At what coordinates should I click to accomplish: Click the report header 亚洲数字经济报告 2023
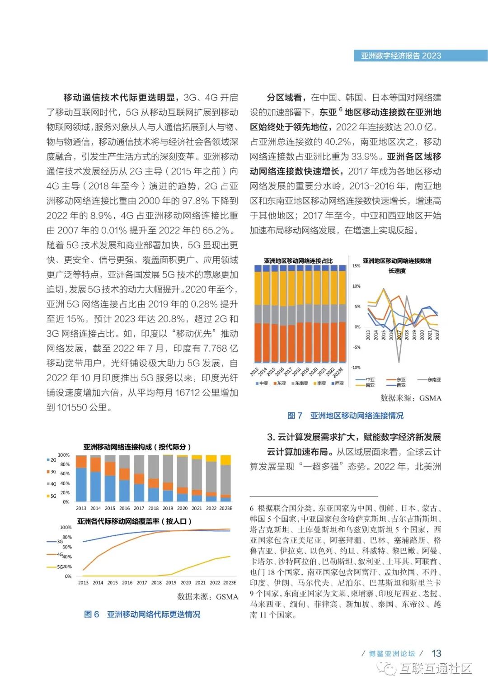click(x=400, y=56)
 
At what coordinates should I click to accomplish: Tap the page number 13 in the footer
click(x=436, y=653)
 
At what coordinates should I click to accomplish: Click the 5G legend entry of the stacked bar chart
click(x=52, y=496)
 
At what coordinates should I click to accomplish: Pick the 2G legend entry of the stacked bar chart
click(x=52, y=460)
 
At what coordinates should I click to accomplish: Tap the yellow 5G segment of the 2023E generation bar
click(x=225, y=460)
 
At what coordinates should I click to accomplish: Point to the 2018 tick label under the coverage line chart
click(x=156, y=582)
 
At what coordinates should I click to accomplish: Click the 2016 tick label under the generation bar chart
click(x=124, y=508)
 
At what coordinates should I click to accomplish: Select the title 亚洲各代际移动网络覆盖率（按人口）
click(x=134, y=521)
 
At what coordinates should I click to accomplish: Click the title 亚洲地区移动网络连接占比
click(x=298, y=261)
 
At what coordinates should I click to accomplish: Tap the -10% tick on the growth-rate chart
click(x=357, y=368)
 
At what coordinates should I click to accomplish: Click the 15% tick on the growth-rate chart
click(x=357, y=266)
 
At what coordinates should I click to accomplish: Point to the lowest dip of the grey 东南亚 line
click(x=399, y=362)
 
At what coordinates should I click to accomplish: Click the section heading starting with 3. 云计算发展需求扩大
click(x=354, y=437)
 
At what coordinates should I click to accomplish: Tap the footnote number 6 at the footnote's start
click(x=252, y=508)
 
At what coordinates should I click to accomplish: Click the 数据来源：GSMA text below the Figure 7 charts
click(x=411, y=398)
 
